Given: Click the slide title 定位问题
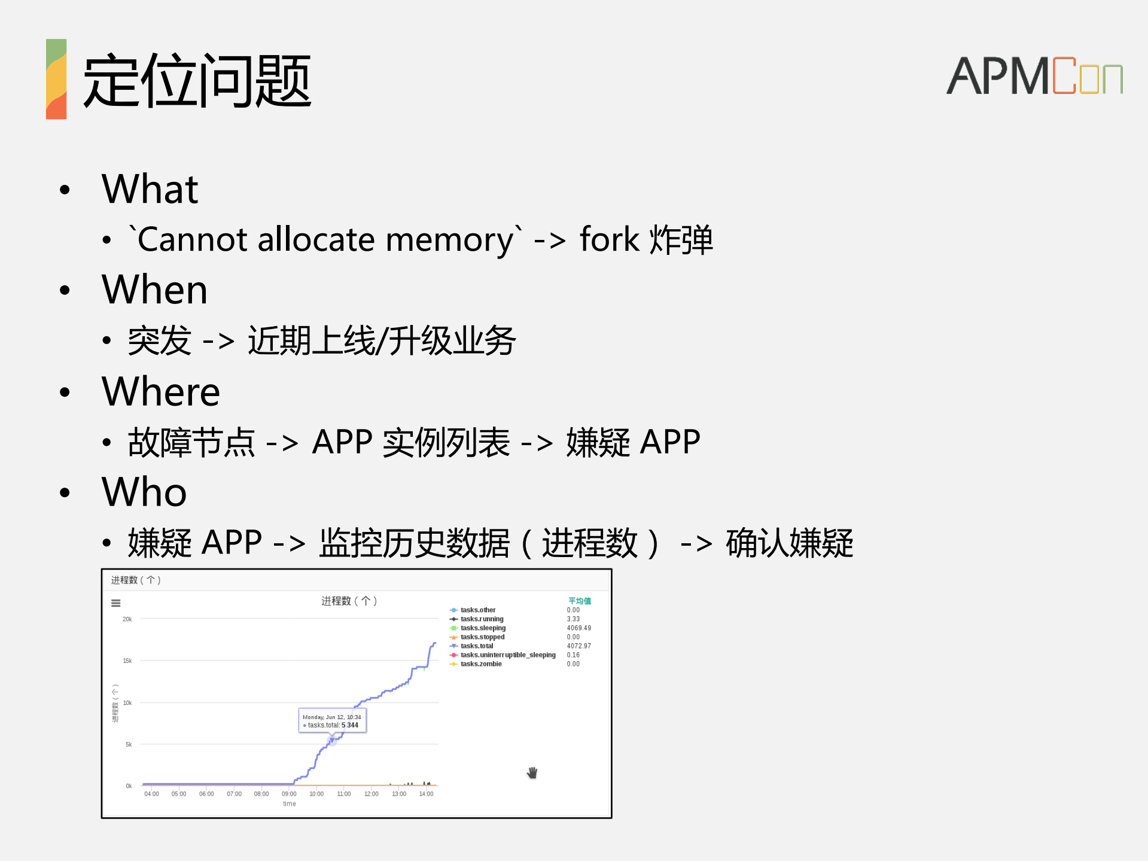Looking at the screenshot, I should (197, 81).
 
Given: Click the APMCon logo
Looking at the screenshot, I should (1034, 76).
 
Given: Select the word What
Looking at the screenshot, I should (150, 189).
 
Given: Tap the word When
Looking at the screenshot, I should (154, 290).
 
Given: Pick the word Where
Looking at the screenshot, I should (161, 391).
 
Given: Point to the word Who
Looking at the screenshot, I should (144, 492).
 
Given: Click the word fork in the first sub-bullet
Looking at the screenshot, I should (609, 239).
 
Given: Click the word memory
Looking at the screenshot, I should (449, 240).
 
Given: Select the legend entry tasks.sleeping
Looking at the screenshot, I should (483, 628).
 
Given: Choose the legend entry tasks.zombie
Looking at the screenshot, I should (481, 664).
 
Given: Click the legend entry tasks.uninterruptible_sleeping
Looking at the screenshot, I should (507, 655).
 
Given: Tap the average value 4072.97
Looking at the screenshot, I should (578, 646).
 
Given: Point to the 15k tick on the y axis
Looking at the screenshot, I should (127, 661).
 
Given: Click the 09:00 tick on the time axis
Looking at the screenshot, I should (289, 794).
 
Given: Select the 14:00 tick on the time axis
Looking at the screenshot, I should (426, 794).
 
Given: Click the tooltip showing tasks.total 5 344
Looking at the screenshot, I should (333, 721).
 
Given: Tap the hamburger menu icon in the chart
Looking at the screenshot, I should (116, 603).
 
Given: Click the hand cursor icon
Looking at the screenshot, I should (532, 773).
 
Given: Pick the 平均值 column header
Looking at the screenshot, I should (579, 601).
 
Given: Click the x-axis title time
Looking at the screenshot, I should (290, 804).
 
